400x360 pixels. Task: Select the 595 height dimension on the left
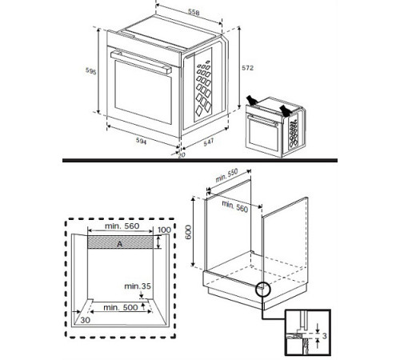click(x=92, y=72)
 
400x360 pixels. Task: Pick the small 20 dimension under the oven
click(x=181, y=155)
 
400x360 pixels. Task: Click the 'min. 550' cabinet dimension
click(x=229, y=177)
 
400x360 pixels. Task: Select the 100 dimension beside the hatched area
click(x=164, y=230)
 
